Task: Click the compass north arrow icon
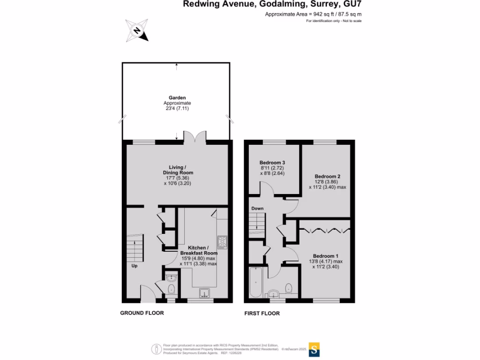(x=137, y=30)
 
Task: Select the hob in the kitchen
(x=222, y=242)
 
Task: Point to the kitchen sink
(x=204, y=293)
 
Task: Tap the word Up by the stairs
(x=135, y=266)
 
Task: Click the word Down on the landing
(x=257, y=208)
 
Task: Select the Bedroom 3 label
(x=272, y=163)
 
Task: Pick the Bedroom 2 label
(x=327, y=176)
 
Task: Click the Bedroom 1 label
(x=326, y=256)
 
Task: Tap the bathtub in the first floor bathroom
(x=255, y=282)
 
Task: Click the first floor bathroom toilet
(x=289, y=287)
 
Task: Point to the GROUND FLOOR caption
(x=142, y=313)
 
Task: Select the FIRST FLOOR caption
(x=262, y=313)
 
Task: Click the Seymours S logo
(x=315, y=349)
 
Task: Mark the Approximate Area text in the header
(x=313, y=14)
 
